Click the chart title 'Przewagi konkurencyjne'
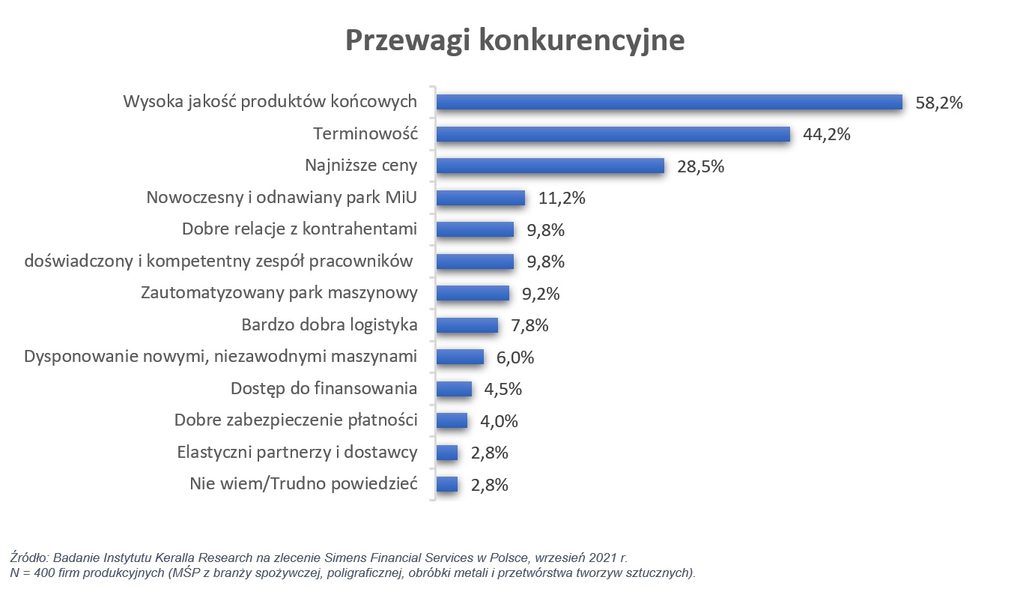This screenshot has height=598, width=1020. point(514,40)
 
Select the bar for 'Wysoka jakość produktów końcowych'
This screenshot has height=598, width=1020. point(669,102)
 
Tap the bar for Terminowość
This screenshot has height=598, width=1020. point(613,134)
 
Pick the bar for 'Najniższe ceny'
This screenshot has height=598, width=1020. point(550,166)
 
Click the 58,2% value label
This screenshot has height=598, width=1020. point(938,103)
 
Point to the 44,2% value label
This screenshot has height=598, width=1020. point(827,135)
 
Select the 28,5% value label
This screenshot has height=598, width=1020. point(701,166)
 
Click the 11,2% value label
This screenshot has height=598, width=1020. point(562,199)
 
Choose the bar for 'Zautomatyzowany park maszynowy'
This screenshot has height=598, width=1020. point(473,293)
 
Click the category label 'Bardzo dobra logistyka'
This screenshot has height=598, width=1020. point(330,325)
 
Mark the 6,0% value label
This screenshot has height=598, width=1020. point(515,357)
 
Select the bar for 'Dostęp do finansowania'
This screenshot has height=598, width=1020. point(454,389)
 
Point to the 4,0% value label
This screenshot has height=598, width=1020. point(499,421)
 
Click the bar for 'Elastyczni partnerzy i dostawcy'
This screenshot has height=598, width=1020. point(447,453)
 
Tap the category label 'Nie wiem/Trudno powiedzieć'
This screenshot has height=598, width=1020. point(303,484)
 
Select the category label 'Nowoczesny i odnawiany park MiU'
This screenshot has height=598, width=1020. point(282,198)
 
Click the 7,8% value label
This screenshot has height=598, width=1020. point(529,325)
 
